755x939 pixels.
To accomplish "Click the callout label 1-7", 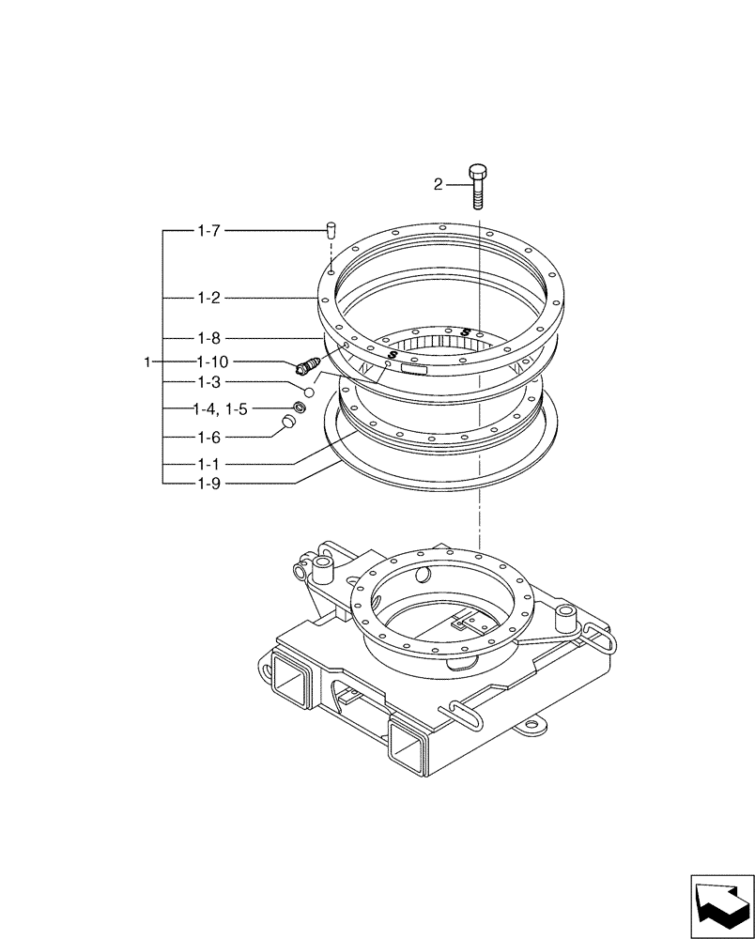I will click(208, 230).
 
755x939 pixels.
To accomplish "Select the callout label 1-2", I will click(208, 299).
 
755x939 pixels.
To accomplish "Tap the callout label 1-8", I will click(208, 338).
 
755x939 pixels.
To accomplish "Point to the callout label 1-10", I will click(212, 362).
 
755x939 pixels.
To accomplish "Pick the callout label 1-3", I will click(208, 382).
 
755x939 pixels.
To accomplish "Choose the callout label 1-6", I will click(208, 438).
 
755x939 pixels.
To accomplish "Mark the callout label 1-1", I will click(208, 464).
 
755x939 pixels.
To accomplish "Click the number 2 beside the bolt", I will click(438, 185).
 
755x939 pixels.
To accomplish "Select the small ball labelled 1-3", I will click(308, 390).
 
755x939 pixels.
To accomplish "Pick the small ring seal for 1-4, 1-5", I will click(299, 407).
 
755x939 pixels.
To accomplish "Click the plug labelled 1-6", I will click(289, 426).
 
